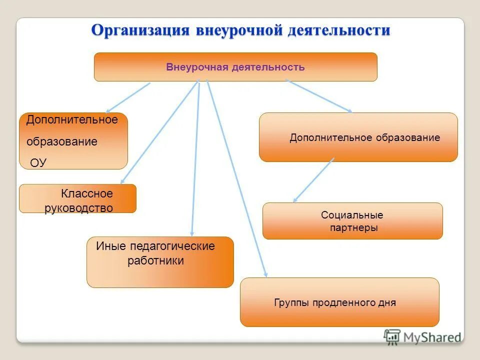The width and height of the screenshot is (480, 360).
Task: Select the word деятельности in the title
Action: point(339,30)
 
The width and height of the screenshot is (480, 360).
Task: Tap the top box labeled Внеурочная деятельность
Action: point(235,67)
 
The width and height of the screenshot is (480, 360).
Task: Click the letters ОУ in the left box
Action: point(38,162)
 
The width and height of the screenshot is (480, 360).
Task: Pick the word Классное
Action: point(87,193)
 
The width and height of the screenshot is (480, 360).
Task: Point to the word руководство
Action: point(78,208)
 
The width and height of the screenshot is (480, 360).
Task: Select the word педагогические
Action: point(172,246)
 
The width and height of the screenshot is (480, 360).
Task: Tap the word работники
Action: point(155,260)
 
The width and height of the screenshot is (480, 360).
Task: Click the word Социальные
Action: point(352,215)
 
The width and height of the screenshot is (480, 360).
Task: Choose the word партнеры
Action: point(353,228)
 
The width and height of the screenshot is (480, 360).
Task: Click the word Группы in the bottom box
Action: point(292,302)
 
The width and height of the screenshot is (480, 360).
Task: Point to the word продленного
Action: point(344,302)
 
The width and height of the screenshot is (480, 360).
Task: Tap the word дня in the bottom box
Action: point(387,302)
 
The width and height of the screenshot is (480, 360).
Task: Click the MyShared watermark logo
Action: point(422,337)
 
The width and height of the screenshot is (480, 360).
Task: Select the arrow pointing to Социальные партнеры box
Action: point(313,180)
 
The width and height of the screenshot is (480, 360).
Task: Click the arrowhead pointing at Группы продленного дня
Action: point(265,274)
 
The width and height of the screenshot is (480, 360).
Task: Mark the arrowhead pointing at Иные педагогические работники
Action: point(192,233)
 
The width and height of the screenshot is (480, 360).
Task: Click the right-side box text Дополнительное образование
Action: point(364,137)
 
